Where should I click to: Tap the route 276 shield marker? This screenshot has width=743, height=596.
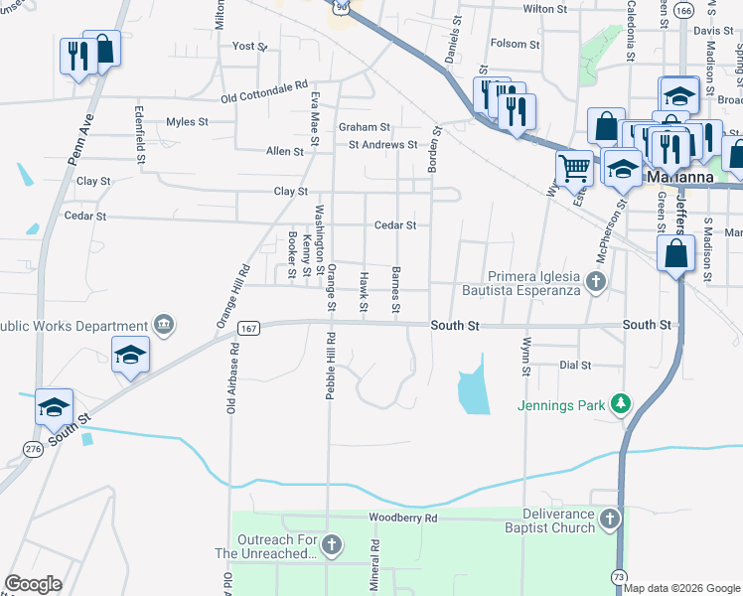click(x=34, y=450)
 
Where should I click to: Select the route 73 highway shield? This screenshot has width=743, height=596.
click(x=619, y=576)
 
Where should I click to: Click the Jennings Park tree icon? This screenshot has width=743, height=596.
click(x=621, y=402)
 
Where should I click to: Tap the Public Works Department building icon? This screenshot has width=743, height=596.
click(x=164, y=325)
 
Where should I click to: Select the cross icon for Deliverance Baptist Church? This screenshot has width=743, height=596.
click(x=610, y=519)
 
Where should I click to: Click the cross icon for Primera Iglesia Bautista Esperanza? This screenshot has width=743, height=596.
click(x=595, y=283)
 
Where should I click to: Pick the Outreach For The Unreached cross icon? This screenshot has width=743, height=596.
click(x=332, y=544)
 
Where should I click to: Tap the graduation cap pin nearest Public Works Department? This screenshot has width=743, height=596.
click(x=130, y=355)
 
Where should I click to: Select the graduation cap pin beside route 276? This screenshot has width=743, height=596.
click(x=54, y=405)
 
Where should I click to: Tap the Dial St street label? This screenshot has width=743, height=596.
click(x=574, y=366)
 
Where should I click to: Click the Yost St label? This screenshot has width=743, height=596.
click(x=248, y=46)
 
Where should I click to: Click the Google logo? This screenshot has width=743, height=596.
click(x=34, y=584)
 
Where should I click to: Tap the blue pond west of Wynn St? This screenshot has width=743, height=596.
click(x=473, y=390)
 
